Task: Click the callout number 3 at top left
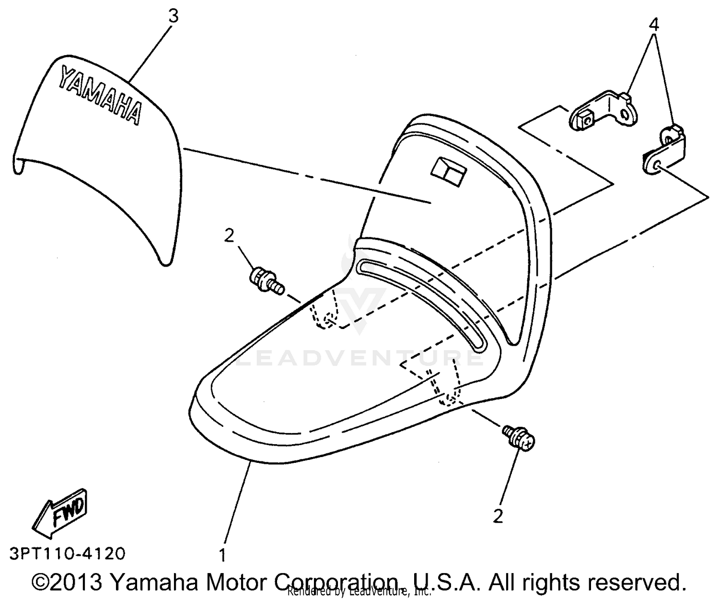point(173,16)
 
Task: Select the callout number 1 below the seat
point(222,555)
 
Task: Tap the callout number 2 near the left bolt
point(230,236)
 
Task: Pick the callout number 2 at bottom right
point(498,516)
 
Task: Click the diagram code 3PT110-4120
point(68,554)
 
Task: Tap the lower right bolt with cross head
point(519,438)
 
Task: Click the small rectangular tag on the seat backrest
point(449,171)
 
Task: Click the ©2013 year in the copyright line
point(67,582)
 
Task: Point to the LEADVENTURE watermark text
point(359,358)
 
